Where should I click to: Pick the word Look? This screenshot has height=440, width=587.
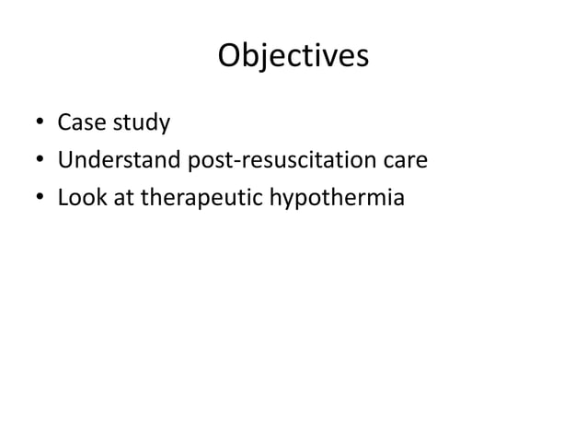(79, 199)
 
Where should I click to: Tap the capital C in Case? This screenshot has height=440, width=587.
(64, 122)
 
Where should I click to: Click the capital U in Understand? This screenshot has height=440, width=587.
(66, 161)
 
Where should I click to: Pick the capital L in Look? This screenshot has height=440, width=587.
(63, 199)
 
